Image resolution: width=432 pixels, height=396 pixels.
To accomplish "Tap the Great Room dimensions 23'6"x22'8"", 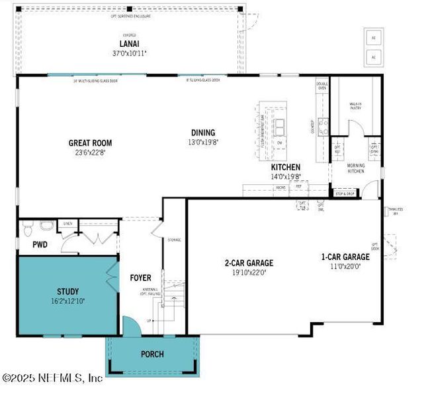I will (90, 152).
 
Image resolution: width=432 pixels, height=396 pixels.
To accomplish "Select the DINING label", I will (203, 132).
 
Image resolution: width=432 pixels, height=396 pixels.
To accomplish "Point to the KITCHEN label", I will (285, 167).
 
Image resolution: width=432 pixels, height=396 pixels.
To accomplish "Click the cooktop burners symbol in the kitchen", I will (324, 126).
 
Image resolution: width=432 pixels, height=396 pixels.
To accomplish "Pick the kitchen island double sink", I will (279, 125).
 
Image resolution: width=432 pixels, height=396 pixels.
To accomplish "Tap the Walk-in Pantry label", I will (355, 106).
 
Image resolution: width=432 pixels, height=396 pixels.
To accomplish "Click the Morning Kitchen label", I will (356, 168).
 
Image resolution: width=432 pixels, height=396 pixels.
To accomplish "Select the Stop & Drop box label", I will (345, 193).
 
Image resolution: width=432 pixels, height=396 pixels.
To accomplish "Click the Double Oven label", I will (322, 85).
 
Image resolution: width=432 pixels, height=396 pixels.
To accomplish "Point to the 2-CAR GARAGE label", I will (248, 263).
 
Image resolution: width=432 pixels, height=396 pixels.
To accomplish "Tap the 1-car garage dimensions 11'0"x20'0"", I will (345, 266).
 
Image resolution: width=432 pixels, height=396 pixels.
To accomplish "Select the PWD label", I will (31, 245).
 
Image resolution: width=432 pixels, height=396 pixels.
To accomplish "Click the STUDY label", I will (67, 291).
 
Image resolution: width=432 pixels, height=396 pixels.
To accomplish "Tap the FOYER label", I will (140, 278).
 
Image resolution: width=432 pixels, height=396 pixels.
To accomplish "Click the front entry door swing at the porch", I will (131, 326).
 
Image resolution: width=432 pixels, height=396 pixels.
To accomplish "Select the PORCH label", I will (152, 354).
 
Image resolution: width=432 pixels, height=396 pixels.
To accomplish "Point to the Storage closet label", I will (174, 240).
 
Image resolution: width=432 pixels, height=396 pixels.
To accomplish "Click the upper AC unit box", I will (372, 38).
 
